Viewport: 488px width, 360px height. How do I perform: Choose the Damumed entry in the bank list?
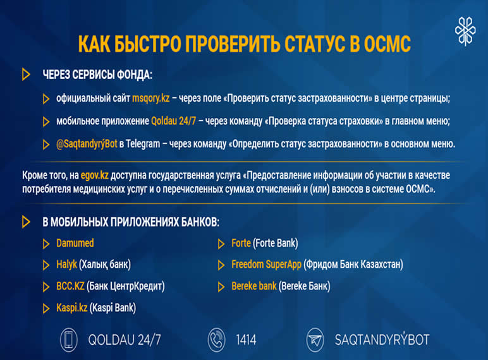coord(75,243)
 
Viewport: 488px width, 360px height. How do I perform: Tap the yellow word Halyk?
coord(66,265)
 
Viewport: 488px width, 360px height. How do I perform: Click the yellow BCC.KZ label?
coord(70,286)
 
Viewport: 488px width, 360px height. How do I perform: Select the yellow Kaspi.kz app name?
coord(71,308)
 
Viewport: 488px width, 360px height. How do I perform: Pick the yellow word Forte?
coord(241,243)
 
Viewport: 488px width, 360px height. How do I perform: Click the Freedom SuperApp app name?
coord(266,265)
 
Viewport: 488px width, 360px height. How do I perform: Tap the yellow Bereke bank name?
coord(254,286)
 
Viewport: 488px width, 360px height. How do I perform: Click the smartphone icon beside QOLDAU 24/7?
coord(69,340)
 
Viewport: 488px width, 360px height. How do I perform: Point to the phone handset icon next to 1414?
coord(216,340)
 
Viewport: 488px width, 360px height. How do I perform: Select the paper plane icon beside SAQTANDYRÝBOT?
coord(315,340)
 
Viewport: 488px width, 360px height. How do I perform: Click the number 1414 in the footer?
coord(245,340)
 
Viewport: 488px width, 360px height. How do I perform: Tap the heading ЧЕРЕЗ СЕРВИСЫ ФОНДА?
coord(97,75)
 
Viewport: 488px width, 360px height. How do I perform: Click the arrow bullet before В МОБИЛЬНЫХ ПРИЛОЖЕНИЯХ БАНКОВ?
coord(26,222)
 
